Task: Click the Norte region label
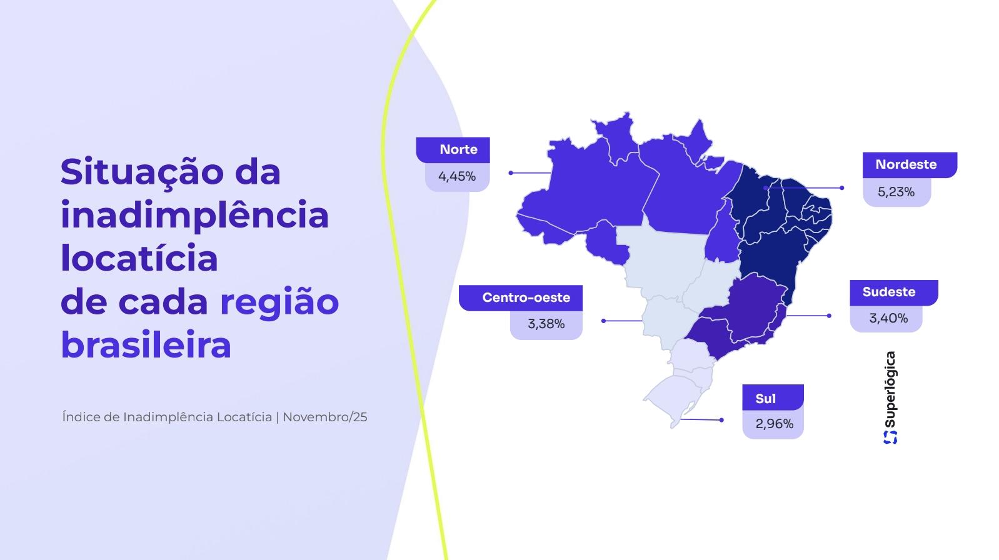(x=458, y=149)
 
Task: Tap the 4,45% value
(x=457, y=176)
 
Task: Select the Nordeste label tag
(x=906, y=164)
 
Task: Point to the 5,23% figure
(x=896, y=192)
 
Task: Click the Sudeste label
(x=888, y=292)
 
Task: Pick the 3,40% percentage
(x=888, y=318)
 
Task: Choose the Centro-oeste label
(x=526, y=297)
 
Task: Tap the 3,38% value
(x=546, y=324)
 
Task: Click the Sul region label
(x=765, y=399)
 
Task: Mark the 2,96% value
(x=774, y=424)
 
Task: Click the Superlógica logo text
(x=890, y=389)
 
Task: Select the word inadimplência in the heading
(x=194, y=215)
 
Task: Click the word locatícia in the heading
(x=139, y=258)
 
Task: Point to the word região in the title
(x=279, y=302)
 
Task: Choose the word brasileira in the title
(x=146, y=345)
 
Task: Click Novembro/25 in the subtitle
(x=324, y=417)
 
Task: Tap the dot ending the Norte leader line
(x=511, y=173)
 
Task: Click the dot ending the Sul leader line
(x=721, y=420)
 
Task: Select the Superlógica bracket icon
(x=890, y=437)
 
